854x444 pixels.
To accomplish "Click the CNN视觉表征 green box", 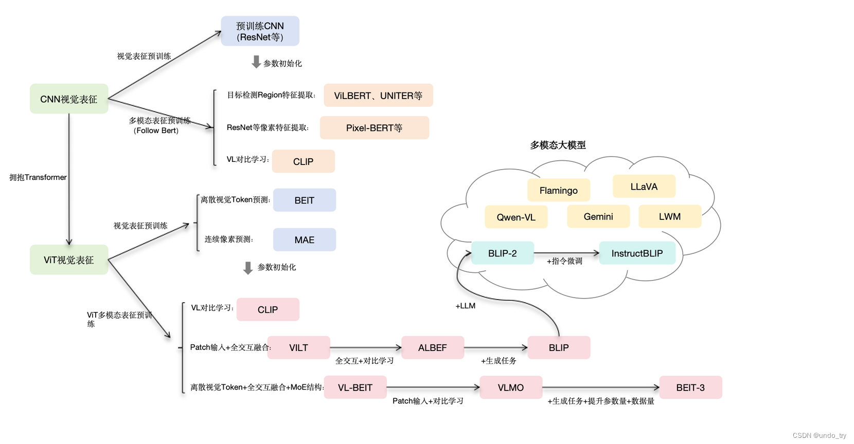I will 69,99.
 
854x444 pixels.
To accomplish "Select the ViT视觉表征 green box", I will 69,260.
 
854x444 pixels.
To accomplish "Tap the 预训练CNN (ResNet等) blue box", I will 260,31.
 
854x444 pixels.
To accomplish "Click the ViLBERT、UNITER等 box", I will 378,96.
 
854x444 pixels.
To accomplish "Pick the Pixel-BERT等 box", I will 374,128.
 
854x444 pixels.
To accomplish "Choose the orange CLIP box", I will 303,161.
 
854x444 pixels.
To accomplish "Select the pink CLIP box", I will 268,309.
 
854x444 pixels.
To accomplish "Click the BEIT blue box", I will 304,200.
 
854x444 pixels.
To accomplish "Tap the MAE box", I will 304,240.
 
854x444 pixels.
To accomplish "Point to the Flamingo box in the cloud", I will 558,190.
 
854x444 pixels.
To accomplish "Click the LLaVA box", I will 644,187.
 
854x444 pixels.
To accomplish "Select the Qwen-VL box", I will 515,217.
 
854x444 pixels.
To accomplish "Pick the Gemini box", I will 598,216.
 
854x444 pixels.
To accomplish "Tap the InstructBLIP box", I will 637,253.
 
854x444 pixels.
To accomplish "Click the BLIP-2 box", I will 502,253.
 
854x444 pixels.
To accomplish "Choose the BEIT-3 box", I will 690,387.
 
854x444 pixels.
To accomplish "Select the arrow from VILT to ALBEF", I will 365,348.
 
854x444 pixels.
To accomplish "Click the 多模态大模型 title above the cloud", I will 558,145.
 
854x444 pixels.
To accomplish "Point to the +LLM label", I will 465,306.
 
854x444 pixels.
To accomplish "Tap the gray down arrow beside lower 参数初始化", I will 248,268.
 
